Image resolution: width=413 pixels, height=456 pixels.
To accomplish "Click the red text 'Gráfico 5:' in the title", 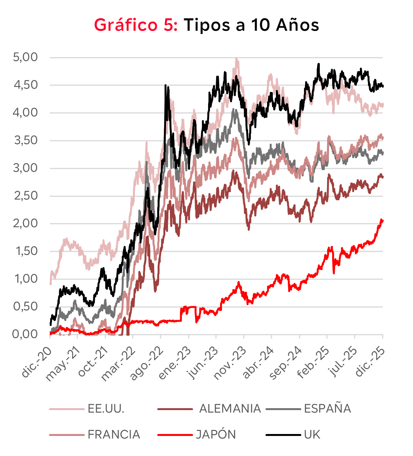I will pyautogui.click(x=136, y=25).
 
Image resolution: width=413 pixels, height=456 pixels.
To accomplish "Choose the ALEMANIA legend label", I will pyautogui.click(x=230, y=409).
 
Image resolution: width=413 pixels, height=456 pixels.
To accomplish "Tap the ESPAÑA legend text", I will pyautogui.click(x=327, y=409).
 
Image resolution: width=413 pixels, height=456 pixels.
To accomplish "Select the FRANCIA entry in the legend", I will pyautogui.click(x=114, y=435).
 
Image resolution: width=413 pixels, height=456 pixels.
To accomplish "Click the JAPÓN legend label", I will pyautogui.click(x=216, y=435).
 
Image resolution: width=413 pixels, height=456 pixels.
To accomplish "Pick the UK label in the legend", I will pyautogui.click(x=312, y=435).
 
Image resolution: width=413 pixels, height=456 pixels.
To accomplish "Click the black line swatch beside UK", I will pyautogui.click(x=283, y=435).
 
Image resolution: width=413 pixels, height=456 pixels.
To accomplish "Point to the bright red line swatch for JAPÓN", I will pyautogui.click(x=175, y=435).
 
